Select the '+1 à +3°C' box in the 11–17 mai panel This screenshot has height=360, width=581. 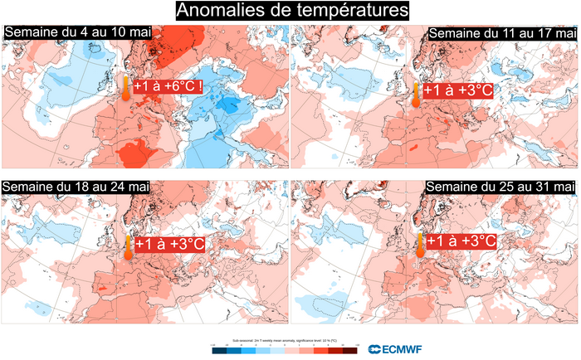click(x=458, y=90)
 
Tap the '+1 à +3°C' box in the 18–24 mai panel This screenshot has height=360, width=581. click(x=169, y=245)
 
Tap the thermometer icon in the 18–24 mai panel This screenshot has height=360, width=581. click(x=129, y=246)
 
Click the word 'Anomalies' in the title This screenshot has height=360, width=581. click(x=219, y=11)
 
